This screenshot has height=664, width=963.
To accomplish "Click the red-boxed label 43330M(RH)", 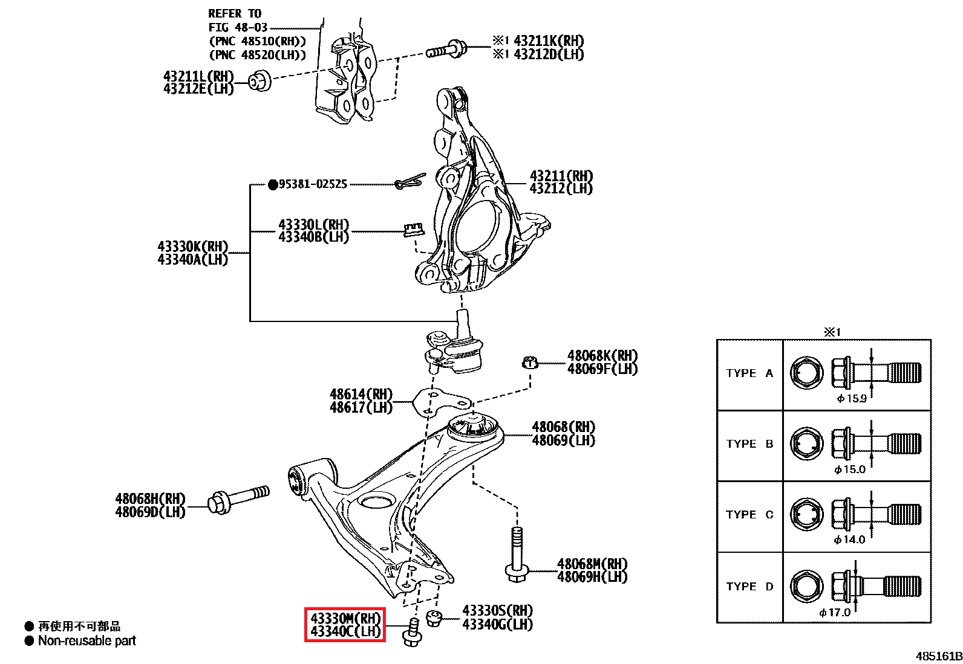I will (345, 619).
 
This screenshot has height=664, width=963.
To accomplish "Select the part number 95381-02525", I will (313, 184).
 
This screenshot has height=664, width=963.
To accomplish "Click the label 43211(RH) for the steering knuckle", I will (561, 176).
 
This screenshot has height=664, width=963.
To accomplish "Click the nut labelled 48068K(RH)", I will (529, 363).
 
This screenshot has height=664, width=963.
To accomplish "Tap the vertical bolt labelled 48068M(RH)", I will (516, 554).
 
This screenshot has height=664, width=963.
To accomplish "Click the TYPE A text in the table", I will (749, 373).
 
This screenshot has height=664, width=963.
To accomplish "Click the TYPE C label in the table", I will (749, 515).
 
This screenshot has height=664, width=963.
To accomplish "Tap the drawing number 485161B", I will (938, 656).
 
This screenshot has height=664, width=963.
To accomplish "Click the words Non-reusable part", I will (87, 640).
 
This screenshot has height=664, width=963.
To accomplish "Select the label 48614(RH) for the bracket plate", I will (361, 395).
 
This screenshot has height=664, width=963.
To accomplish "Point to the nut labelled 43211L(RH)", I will (260, 80).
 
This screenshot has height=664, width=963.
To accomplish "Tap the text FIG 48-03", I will (238, 27).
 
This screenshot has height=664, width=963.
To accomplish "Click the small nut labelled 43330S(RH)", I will (434, 618).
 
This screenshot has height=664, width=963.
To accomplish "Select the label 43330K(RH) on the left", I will (192, 247).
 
